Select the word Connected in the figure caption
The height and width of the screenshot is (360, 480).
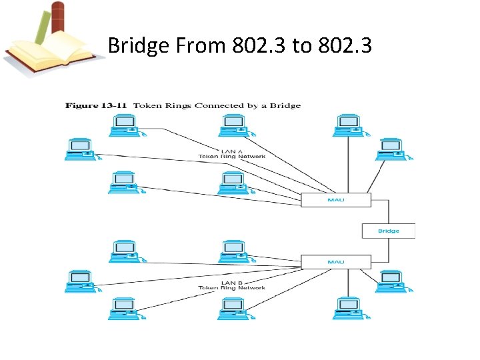click(244, 105)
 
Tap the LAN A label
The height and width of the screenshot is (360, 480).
click(231, 151)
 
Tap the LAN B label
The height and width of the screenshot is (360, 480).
click(231, 282)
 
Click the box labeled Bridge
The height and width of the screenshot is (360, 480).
click(388, 231)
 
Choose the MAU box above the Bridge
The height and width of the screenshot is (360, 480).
click(335, 199)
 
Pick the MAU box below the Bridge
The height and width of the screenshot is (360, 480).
click(335, 261)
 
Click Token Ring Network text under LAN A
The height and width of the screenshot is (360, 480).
click(231, 157)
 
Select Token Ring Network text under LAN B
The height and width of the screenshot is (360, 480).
click(231, 288)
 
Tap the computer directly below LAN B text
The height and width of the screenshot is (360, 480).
click(233, 307)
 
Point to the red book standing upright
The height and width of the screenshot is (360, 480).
click(58, 20)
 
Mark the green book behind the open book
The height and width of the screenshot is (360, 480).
click(41, 27)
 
